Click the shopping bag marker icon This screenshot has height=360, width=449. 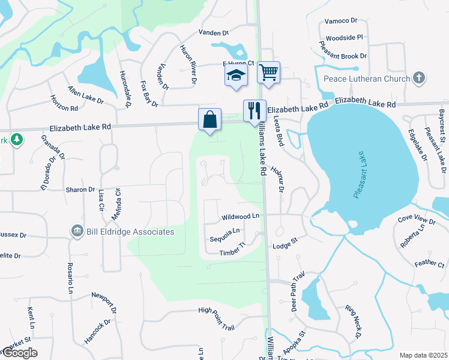click(209, 119)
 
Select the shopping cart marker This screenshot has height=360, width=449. click(269, 73)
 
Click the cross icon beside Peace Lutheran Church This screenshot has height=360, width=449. click(419, 78)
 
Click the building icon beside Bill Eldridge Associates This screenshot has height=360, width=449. click(77, 231)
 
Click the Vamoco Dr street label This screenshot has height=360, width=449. click(341, 20)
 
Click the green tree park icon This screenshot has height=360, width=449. click(16, 139)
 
